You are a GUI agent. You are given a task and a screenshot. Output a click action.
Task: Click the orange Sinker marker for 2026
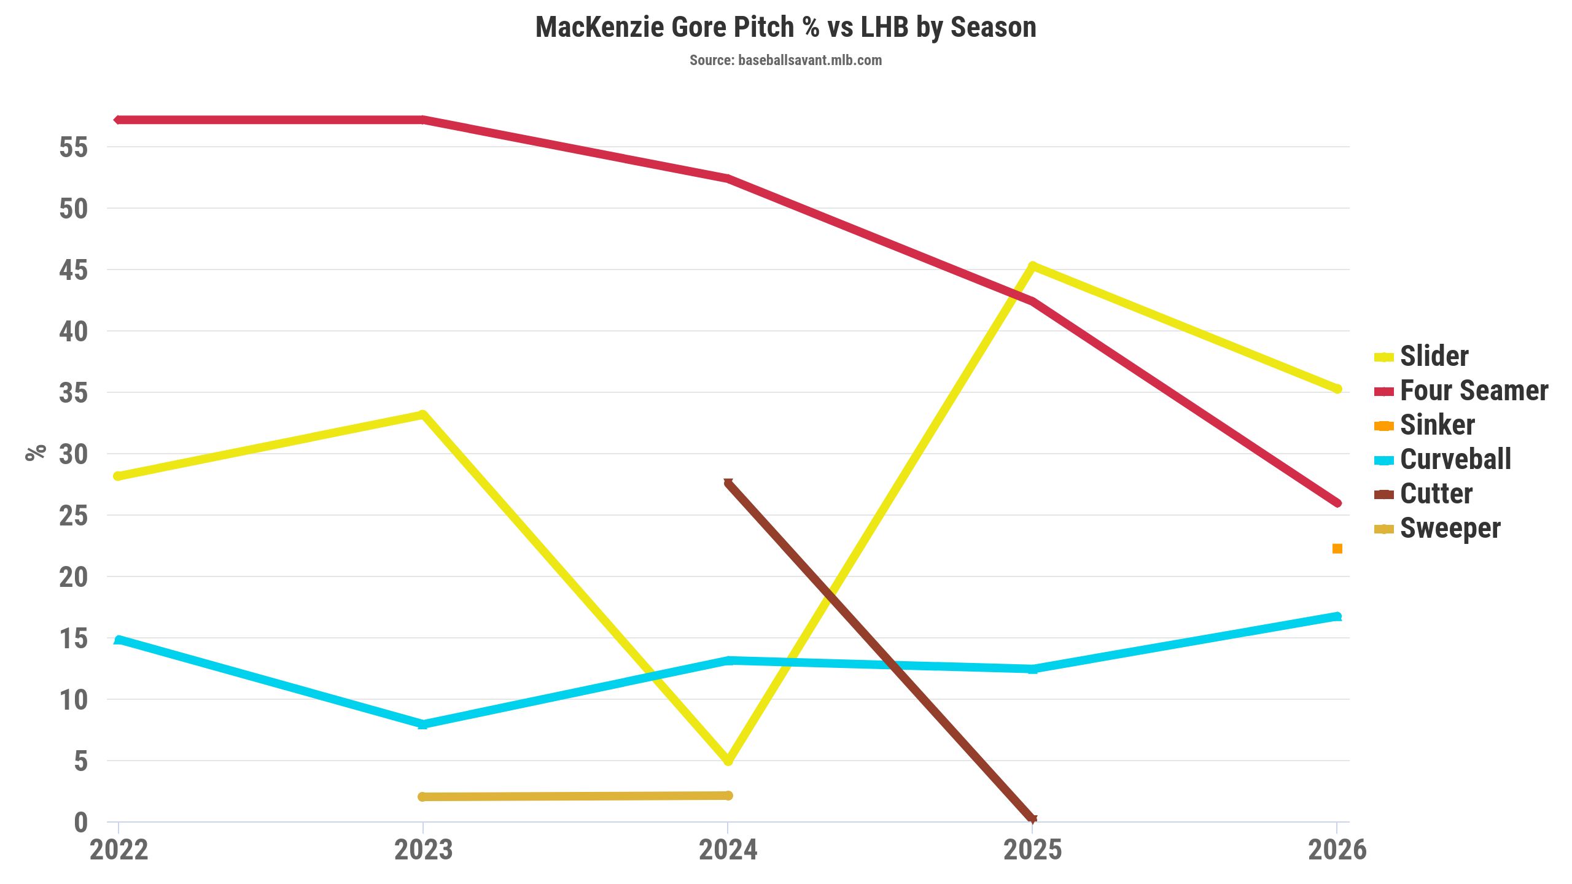1337,548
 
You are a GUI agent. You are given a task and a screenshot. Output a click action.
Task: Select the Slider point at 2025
1032,266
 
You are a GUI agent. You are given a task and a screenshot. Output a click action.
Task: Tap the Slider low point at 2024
728,761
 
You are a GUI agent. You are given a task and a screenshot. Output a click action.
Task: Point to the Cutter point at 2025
1032,818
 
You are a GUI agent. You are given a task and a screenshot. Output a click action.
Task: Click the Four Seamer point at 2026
1337,503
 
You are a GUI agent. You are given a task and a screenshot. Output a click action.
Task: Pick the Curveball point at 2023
422,724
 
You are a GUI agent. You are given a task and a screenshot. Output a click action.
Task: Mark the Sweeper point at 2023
422,797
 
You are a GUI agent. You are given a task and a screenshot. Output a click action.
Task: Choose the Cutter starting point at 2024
728,483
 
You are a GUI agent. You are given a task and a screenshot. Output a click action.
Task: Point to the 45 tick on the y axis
74,270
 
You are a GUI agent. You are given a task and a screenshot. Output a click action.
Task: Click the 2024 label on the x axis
728,850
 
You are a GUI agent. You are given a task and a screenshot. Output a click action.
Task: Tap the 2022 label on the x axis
119,850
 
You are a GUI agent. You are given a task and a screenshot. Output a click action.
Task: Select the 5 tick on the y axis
81,761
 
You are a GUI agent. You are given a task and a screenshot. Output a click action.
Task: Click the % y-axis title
36,452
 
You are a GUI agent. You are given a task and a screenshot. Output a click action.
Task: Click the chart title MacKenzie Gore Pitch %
785,28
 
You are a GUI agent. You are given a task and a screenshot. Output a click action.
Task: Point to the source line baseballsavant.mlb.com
785,60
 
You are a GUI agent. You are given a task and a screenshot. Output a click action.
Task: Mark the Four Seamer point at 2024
728,179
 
